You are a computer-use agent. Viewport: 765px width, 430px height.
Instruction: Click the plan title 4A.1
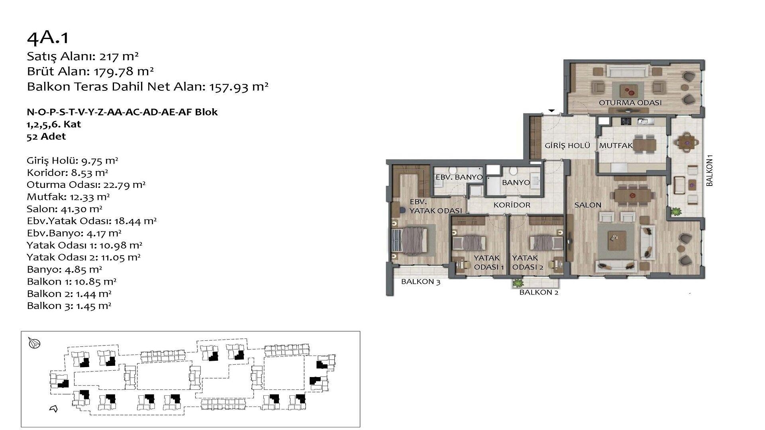pyautogui.click(x=48, y=37)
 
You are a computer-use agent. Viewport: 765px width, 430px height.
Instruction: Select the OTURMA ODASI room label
pyautogui.click(x=630, y=103)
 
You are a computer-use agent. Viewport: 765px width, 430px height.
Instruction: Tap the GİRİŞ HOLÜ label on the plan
pyautogui.click(x=567, y=146)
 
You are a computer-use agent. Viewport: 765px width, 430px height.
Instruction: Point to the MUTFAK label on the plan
pyautogui.click(x=616, y=146)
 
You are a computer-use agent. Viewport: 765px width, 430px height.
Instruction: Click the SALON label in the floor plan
pyautogui.click(x=588, y=205)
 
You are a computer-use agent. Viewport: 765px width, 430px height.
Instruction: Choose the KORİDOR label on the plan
pyautogui.click(x=512, y=205)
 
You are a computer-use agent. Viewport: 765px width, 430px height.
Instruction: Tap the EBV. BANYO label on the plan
pyautogui.click(x=459, y=177)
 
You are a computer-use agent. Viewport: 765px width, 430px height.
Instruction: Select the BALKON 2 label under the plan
pyautogui.click(x=539, y=293)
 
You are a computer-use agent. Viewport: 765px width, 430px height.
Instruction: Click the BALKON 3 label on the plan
pyautogui.click(x=421, y=282)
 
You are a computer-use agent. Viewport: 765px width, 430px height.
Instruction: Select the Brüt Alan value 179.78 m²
pyautogui.click(x=124, y=72)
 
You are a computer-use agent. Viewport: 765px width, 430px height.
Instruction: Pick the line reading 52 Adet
pyautogui.click(x=46, y=137)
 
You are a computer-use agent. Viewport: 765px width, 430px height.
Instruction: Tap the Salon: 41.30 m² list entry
pyautogui.click(x=65, y=209)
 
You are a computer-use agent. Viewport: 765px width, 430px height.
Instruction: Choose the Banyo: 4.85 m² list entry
pyautogui.click(x=65, y=270)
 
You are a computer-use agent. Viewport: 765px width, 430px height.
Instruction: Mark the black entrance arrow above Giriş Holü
pyautogui.click(x=552, y=111)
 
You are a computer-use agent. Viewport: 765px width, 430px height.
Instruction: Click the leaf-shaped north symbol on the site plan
pyautogui.click(x=34, y=343)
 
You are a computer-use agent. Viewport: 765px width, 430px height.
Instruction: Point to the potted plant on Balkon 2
pyautogui.click(x=518, y=283)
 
